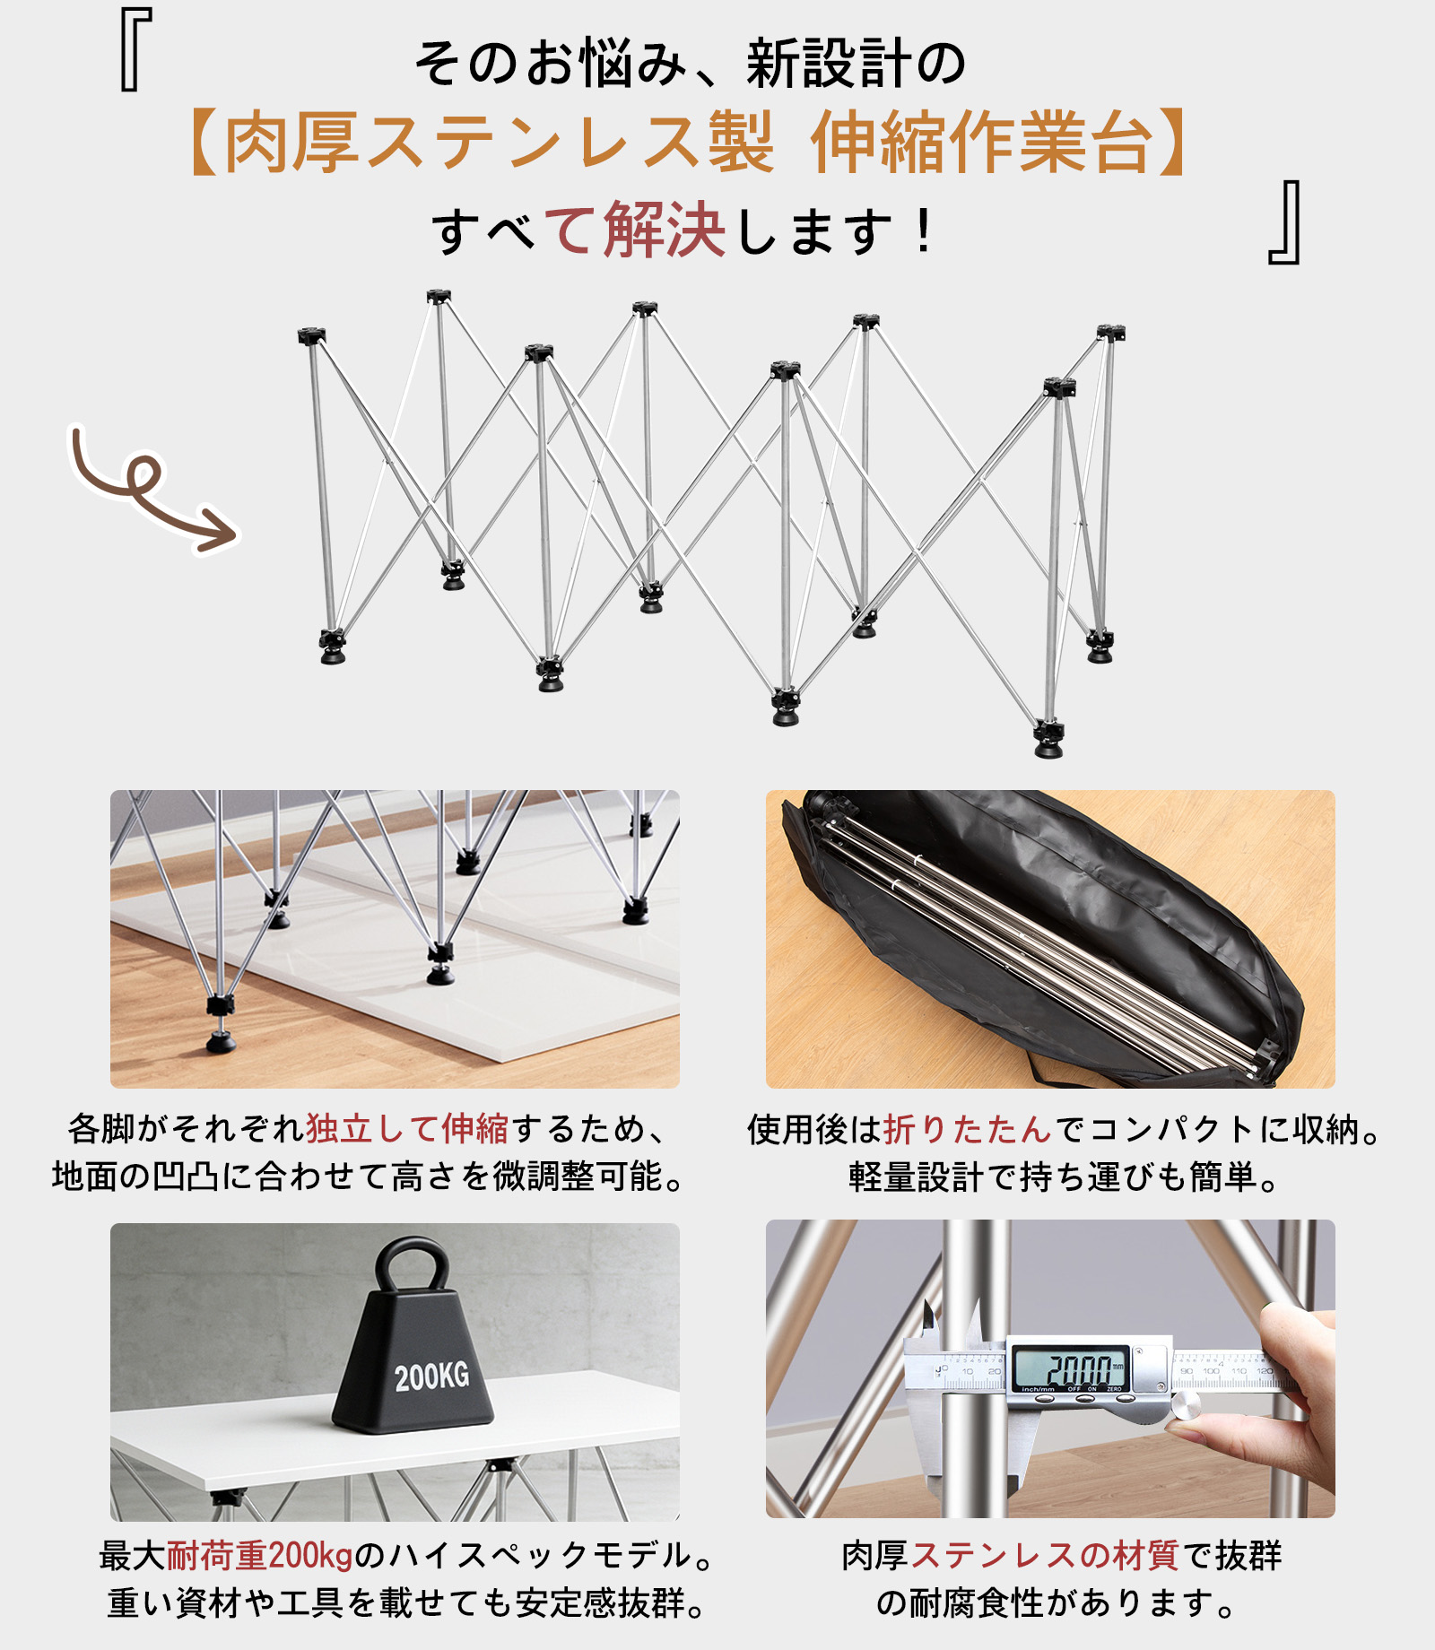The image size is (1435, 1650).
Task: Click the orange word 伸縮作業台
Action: pyautogui.click(x=982, y=143)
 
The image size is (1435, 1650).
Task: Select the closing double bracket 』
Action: pyautogui.click(x=1284, y=222)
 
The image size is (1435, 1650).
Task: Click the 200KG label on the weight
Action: pyautogui.click(x=431, y=1376)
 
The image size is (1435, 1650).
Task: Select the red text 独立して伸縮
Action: pyautogui.click(x=408, y=1129)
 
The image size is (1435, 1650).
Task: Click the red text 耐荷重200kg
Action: pyautogui.click(x=260, y=1556)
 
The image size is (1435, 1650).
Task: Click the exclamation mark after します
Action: pyautogui.click(x=924, y=231)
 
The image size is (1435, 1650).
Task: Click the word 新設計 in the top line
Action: pyautogui.click(x=829, y=65)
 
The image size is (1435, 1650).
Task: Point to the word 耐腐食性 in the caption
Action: pyautogui.click(x=977, y=1603)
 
